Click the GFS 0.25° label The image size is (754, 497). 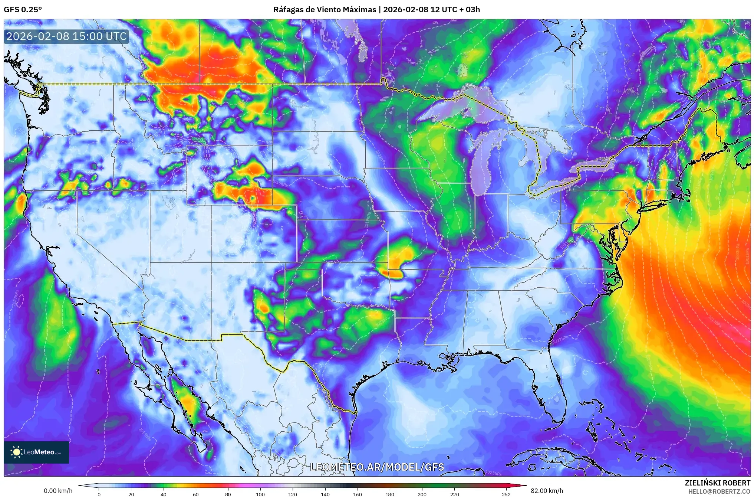pos(23,10)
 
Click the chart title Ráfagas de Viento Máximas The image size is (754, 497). pos(325,10)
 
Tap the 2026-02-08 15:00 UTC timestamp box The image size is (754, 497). pos(67,36)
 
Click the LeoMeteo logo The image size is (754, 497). pos(36,452)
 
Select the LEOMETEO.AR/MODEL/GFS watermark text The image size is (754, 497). pos(377,467)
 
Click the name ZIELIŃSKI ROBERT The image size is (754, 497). pos(717,483)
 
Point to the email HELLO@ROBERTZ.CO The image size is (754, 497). pos(719,491)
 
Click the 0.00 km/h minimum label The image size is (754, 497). pos(58,491)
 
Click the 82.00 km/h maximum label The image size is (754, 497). pos(547,491)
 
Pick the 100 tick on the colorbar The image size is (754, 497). pos(260,494)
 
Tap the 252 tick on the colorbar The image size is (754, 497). pos(506,494)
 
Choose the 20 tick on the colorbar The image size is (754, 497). pos(131,494)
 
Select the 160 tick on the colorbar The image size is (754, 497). pos(358,494)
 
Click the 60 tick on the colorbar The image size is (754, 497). pos(196,494)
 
